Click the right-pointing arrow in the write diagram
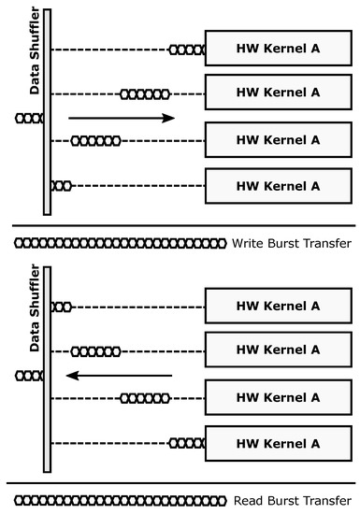pyautogui.click(x=122, y=119)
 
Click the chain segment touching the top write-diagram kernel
pyautogui.click(x=187, y=50)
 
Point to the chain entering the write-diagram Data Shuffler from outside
pyautogui.click(x=29, y=119)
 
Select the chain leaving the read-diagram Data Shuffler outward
pyautogui.click(x=29, y=376)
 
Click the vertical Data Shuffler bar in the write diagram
pyautogui.click(x=48, y=112)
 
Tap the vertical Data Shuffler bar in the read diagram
pyautogui.click(x=48, y=369)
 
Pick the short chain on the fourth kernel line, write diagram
pyautogui.click(x=62, y=186)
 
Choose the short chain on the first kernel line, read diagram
pyautogui.click(x=62, y=307)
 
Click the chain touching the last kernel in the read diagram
pyautogui.click(x=187, y=443)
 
